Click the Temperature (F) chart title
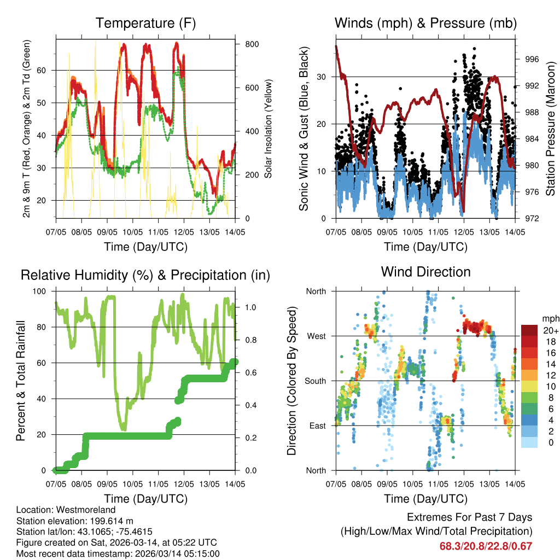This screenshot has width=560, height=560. pyautogui.click(x=145, y=24)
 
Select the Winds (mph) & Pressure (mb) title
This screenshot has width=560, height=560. pyautogui.click(x=425, y=24)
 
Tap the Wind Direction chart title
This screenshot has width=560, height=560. pyautogui.click(x=425, y=272)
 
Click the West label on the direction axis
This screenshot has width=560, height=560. pyautogui.click(x=316, y=336)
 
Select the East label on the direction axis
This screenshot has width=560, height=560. pyautogui.click(x=316, y=425)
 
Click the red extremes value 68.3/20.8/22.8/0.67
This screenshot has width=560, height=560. pyautogui.click(x=486, y=546)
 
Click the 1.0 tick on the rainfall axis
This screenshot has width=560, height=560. pyautogui.click(x=250, y=307)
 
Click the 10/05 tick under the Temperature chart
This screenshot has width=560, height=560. pyautogui.click(x=132, y=232)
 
